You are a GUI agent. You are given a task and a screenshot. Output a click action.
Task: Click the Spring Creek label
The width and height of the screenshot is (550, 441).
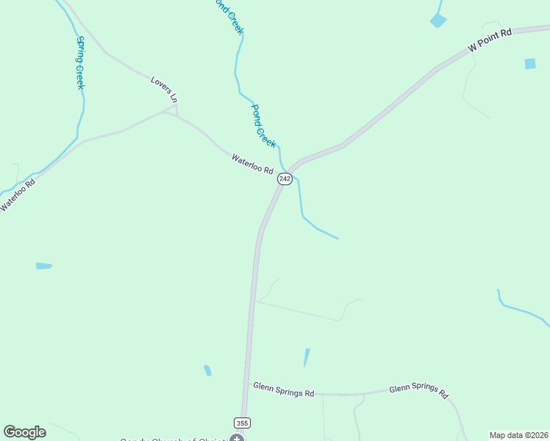pos(79,63)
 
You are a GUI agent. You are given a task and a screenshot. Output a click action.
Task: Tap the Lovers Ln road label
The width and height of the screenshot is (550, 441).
pos(164,89)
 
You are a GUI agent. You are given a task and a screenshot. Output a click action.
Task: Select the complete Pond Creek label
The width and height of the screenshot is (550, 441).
pos(262,126)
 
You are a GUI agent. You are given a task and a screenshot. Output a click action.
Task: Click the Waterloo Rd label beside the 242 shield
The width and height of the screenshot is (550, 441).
pos(252,163)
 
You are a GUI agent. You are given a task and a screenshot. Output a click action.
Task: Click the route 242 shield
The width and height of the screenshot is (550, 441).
pos(285,179)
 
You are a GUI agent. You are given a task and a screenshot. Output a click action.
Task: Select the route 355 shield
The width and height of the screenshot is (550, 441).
pos(242,423)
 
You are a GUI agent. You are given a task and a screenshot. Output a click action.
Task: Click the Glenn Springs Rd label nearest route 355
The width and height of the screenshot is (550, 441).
pos(283,390)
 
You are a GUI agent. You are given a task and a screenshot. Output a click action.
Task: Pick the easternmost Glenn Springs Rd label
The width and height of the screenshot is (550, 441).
pos(418,390)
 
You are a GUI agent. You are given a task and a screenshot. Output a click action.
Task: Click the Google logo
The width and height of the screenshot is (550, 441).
pos(24,432)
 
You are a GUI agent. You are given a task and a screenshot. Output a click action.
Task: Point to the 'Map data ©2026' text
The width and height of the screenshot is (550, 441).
pos(518,435)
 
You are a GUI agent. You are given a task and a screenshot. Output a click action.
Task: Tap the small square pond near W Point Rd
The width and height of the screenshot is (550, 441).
pos(530,64)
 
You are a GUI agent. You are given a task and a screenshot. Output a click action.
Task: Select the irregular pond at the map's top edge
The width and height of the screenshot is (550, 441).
pos(438,20)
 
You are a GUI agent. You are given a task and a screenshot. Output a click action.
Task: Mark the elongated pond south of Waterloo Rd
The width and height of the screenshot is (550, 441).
pos(44,266)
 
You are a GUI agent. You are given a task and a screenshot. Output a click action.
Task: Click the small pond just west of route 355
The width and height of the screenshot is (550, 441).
pos(208,370)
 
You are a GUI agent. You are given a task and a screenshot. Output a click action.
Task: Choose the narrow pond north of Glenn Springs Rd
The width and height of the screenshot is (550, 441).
pos(307,357)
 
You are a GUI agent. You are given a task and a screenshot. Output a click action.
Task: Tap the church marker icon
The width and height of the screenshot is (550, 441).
pos(237,439)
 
